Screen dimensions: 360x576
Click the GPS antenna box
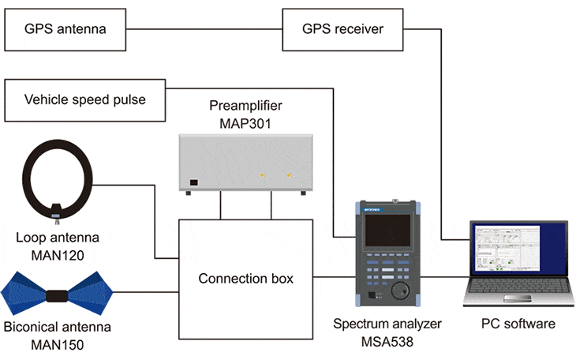(65, 30)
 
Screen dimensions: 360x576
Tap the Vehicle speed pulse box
(85, 99)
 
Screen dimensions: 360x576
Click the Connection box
(245, 278)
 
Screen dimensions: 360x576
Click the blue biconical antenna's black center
(58, 298)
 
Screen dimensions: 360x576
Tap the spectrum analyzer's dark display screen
(386, 231)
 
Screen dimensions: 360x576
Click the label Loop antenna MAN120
(54, 244)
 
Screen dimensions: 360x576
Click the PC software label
(518, 324)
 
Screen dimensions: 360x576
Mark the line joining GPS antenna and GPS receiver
(205, 30)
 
